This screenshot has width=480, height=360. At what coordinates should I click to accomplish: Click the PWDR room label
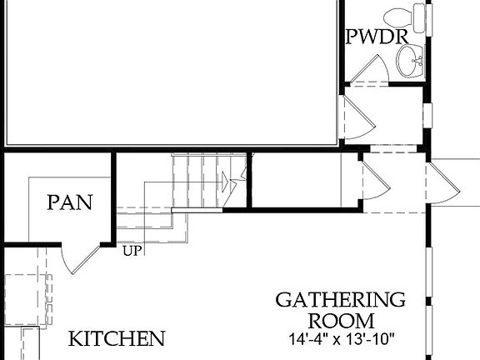[376, 37]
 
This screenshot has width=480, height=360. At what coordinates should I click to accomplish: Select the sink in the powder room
[409, 57]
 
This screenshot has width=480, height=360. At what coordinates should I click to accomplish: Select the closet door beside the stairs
[370, 180]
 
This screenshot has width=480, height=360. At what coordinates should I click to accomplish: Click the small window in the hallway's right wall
[427, 112]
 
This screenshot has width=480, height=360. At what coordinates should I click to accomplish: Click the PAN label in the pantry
[69, 202]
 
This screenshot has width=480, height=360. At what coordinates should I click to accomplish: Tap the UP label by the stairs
[131, 250]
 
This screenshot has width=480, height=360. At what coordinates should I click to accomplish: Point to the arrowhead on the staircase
[226, 180]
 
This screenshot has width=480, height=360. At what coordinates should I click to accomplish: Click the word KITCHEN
[117, 339]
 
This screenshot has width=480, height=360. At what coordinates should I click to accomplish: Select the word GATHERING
[340, 300]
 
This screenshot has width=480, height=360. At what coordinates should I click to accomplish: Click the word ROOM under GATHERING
[341, 320]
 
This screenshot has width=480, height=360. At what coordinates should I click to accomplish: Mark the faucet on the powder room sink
[418, 57]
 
